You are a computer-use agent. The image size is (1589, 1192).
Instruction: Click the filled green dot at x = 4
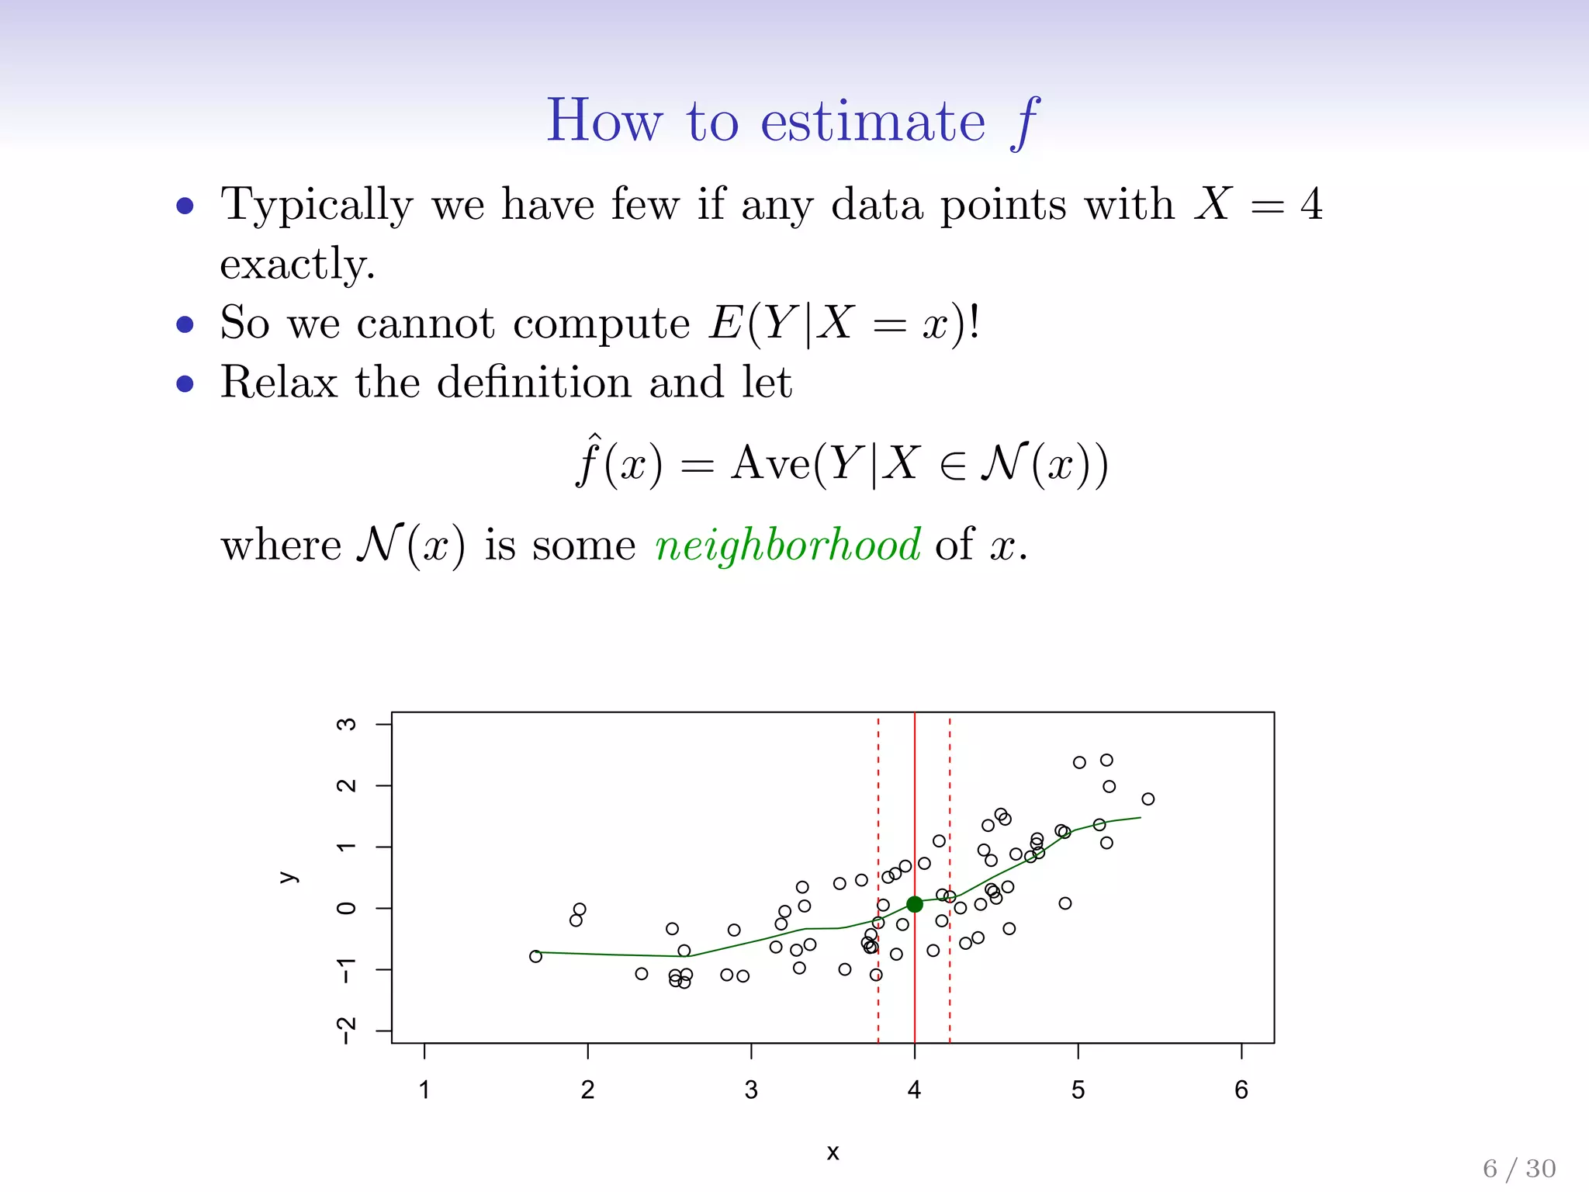pyautogui.click(x=915, y=904)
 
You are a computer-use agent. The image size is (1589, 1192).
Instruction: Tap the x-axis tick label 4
pyautogui.click(x=915, y=1090)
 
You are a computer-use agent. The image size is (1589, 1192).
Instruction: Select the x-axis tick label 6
pyautogui.click(x=1241, y=1090)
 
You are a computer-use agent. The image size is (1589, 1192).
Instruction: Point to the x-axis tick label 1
pyautogui.click(x=424, y=1090)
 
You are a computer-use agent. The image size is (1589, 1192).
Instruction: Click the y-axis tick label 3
pyautogui.click(x=346, y=724)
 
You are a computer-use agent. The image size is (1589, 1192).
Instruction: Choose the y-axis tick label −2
pyautogui.click(x=346, y=1030)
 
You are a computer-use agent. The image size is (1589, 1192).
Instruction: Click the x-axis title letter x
pyautogui.click(x=833, y=1152)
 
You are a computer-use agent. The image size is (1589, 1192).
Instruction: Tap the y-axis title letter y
pyautogui.click(x=288, y=878)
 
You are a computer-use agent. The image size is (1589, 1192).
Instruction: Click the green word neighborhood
pyautogui.click(x=788, y=545)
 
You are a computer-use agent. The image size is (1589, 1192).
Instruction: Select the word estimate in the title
pyautogui.click(x=873, y=122)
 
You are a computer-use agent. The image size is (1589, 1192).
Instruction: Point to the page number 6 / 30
pyautogui.click(x=1519, y=1168)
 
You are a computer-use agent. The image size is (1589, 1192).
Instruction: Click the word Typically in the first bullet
pyautogui.click(x=317, y=206)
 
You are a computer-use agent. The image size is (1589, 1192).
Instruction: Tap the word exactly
pyautogui.click(x=297, y=265)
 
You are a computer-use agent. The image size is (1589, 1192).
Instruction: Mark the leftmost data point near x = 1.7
pyautogui.click(x=535, y=956)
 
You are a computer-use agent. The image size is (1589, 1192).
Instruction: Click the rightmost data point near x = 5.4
pyautogui.click(x=1148, y=799)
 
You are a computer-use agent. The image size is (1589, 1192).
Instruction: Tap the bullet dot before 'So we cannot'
pyautogui.click(x=185, y=324)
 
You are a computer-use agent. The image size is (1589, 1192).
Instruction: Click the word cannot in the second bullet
pyautogui.click(x=425, y=324)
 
